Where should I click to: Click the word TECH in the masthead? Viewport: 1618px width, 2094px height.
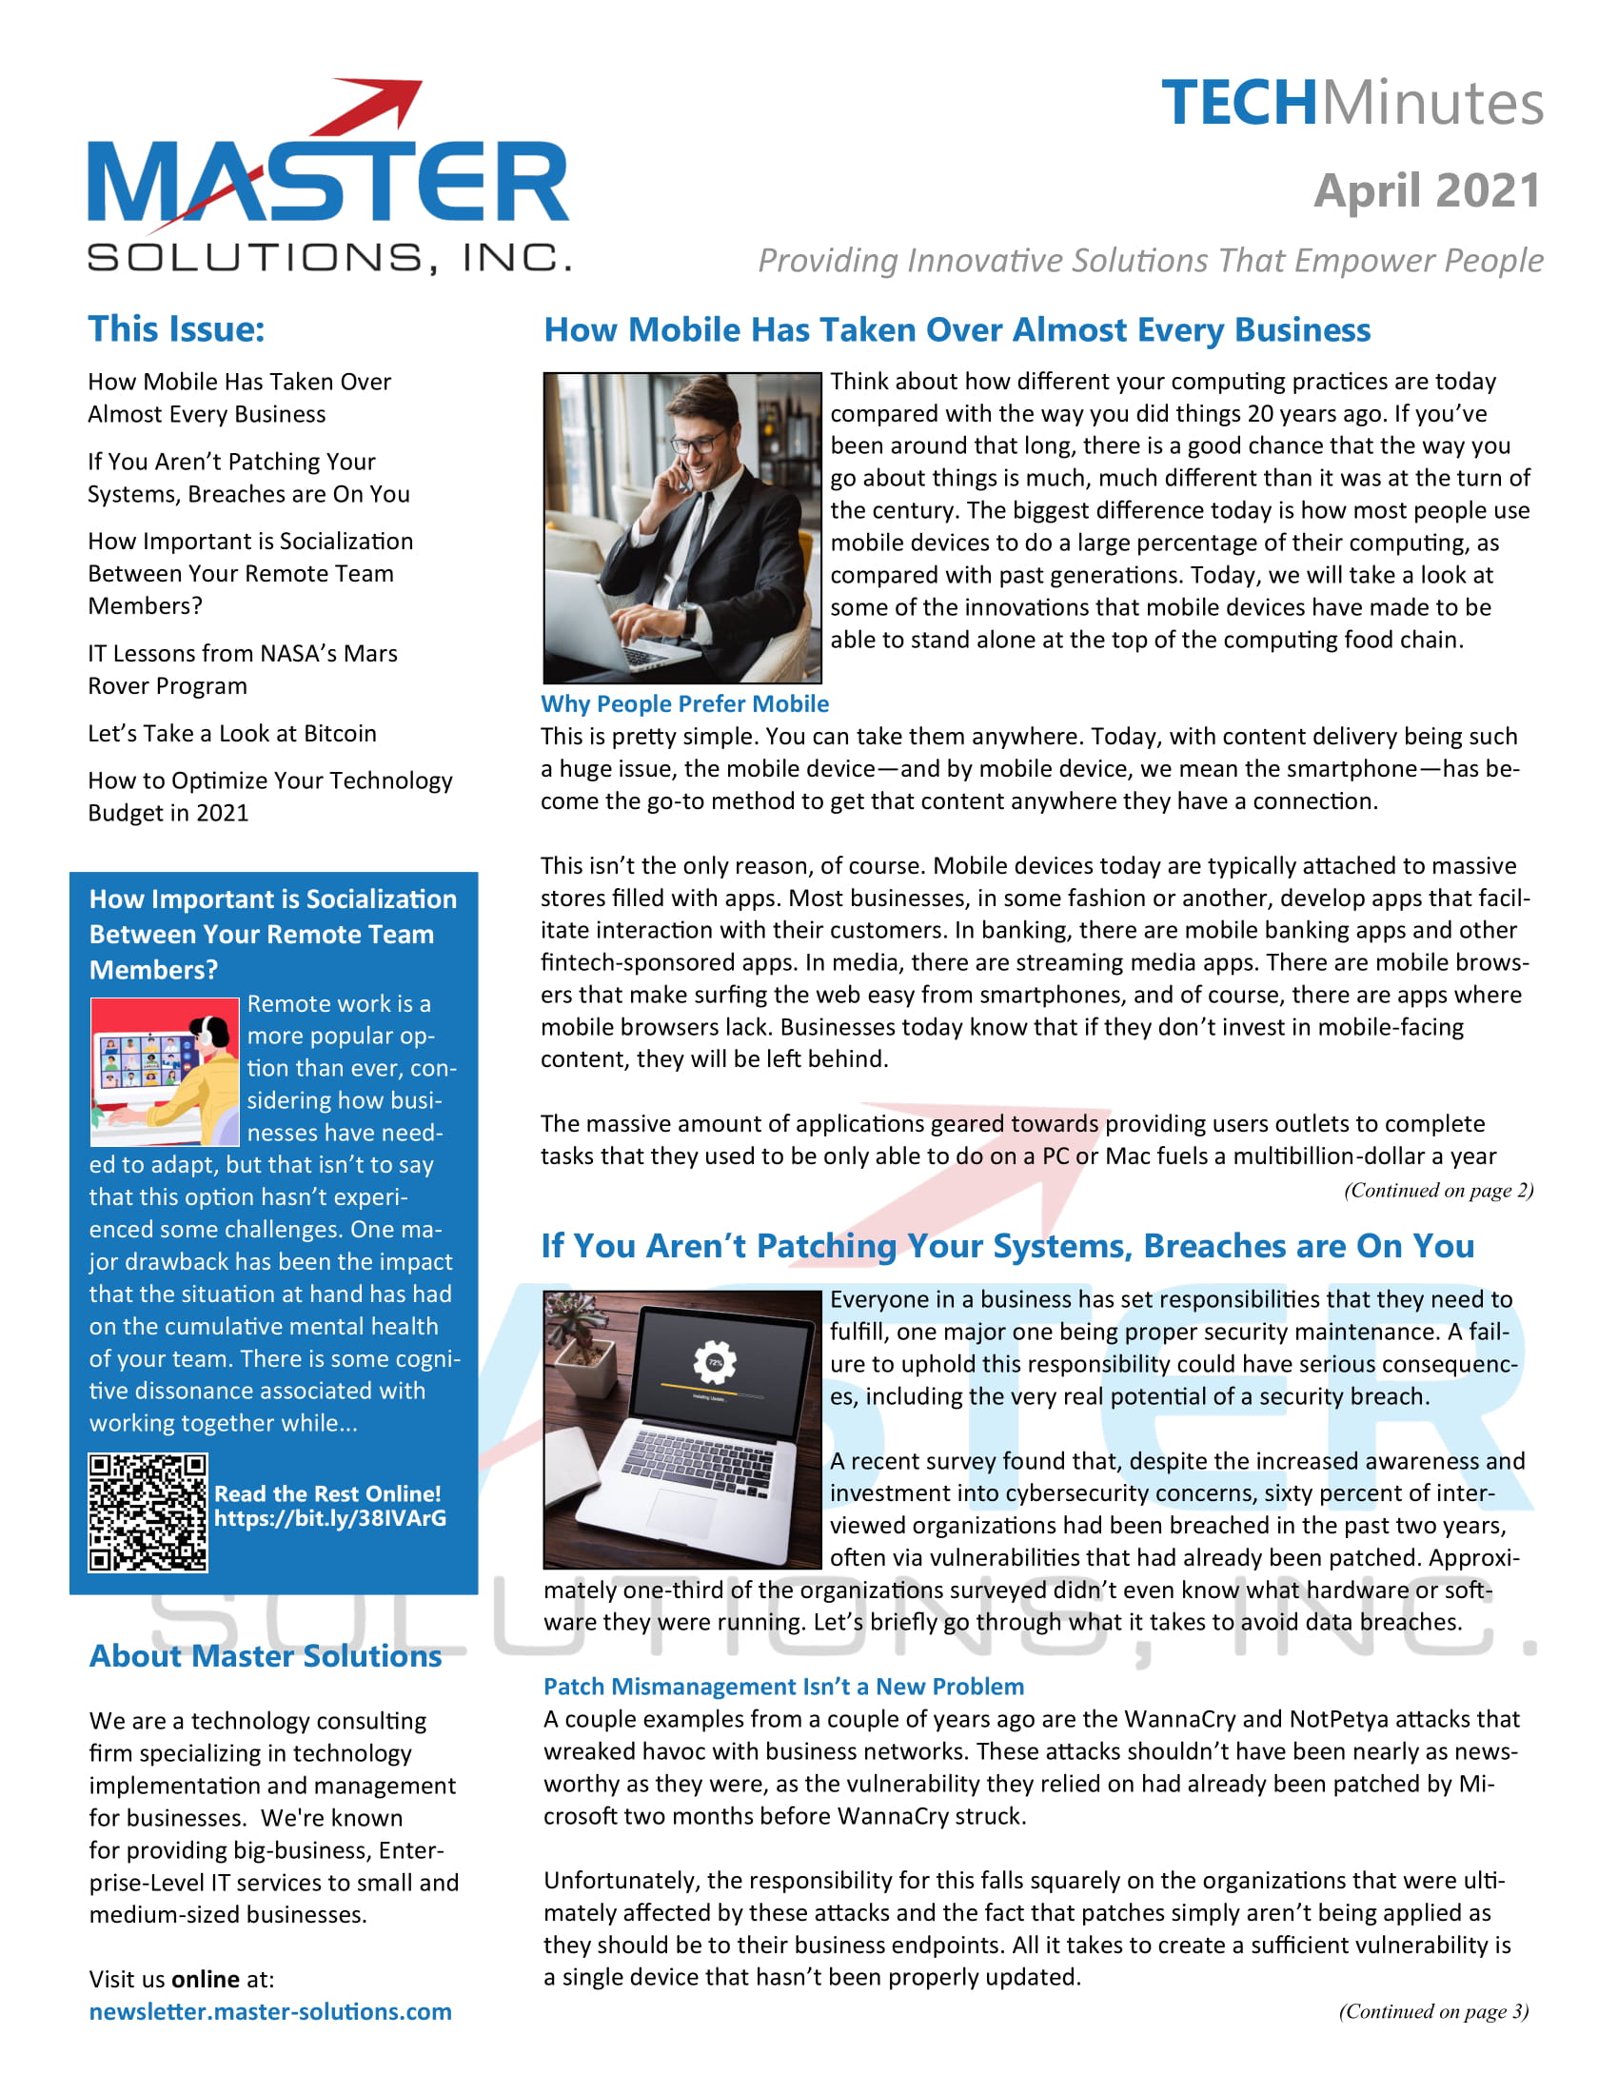point(1238,104)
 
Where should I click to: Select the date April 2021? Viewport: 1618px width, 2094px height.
point(1427,189)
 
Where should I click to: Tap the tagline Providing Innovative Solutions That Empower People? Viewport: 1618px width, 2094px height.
point(1151,261)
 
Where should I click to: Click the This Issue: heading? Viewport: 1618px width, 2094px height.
point(176,329)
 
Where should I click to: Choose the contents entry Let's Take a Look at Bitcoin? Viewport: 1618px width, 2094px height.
point(232,734)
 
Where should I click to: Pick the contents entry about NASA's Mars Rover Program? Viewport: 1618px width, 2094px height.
point(242,669)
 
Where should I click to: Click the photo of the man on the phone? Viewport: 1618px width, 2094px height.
point(681,527)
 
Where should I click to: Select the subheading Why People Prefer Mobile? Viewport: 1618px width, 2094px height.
point(684,703)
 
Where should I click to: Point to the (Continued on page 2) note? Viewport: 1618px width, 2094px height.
point(1438,1190)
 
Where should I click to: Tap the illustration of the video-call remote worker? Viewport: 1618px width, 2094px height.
point(164,1071)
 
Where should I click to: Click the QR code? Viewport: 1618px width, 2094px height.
point(148,1512)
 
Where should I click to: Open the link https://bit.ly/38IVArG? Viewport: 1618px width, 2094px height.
point(329,1519)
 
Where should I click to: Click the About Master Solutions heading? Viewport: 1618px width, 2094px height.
point(266,1656)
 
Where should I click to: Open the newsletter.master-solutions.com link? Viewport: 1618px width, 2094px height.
point(270,2011)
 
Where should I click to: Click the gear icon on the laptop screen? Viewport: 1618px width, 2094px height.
point(714,1362)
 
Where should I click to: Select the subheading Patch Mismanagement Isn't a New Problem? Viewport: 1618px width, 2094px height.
point(783,1687)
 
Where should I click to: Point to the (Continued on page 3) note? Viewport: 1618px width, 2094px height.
point(1433,2011)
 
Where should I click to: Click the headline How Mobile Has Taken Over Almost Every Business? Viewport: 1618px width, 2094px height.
point(957,330)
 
